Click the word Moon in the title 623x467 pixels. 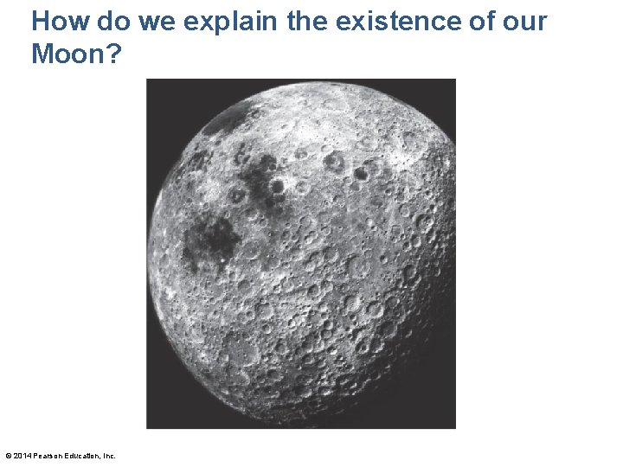(x=69, y=54)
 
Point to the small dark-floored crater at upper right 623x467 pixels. (x=361, y=173)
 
